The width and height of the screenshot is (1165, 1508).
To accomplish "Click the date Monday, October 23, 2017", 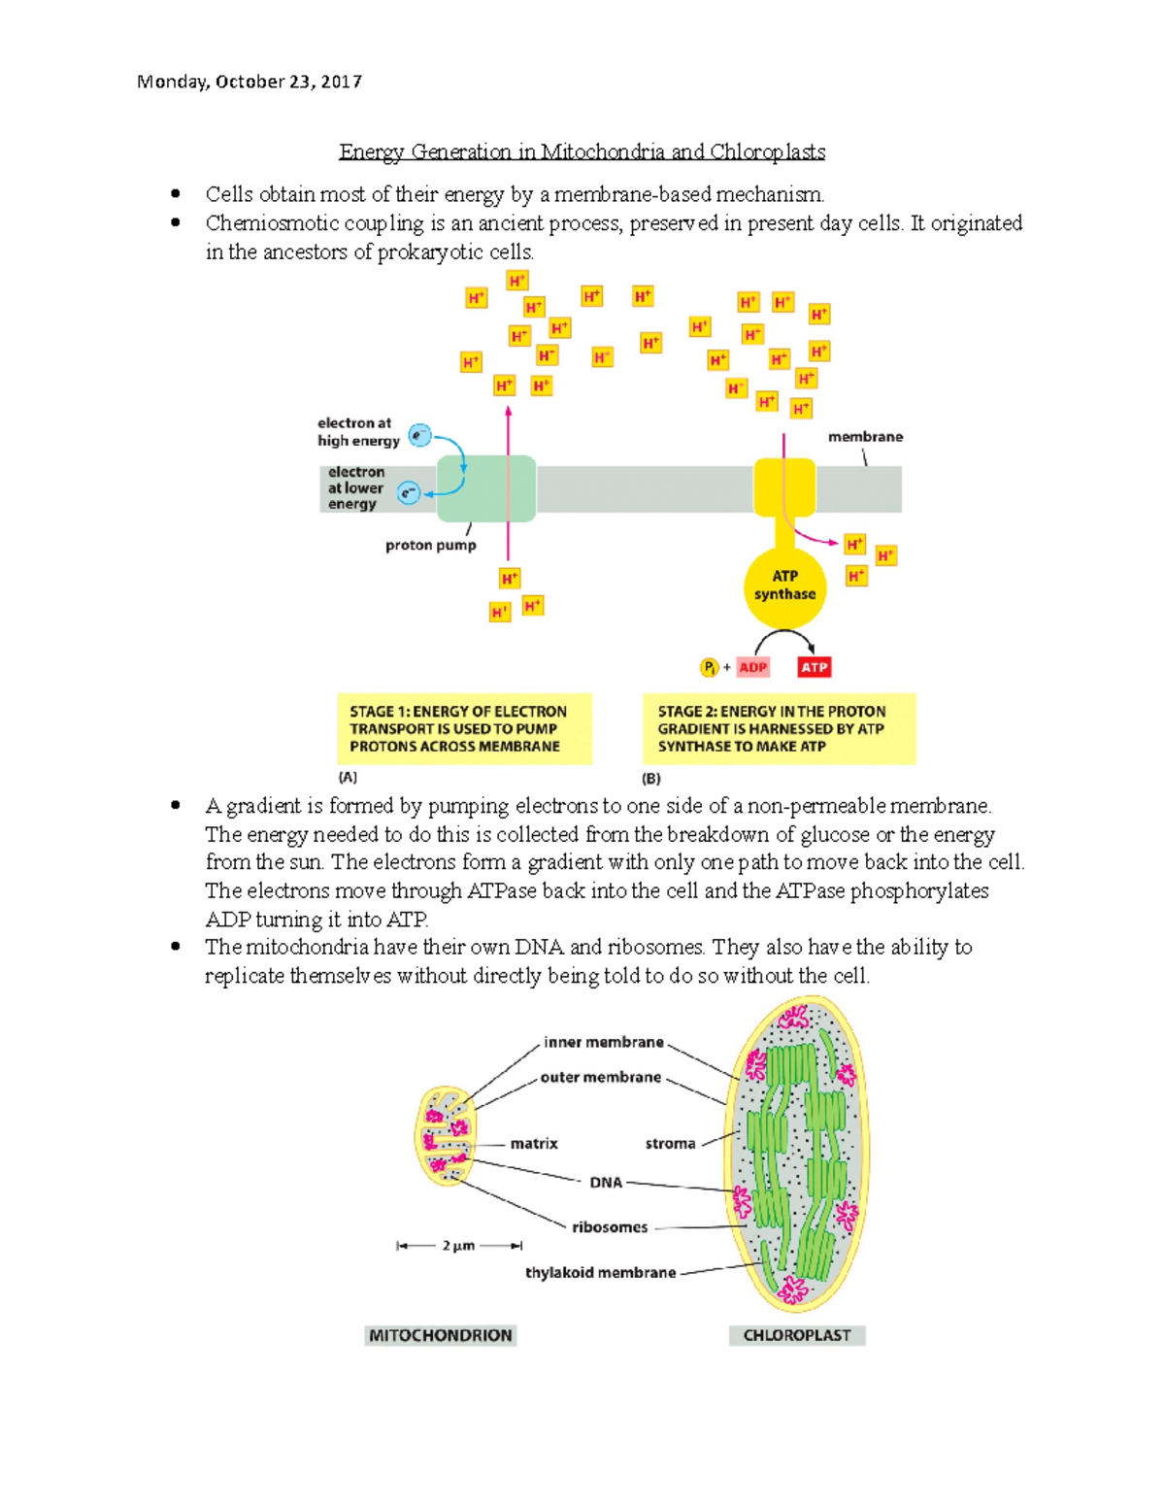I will [x=250, y=82].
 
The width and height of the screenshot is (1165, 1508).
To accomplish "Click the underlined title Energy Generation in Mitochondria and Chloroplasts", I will [x=582, y=151].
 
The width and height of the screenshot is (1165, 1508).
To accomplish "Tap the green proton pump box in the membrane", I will [x=486, y=488].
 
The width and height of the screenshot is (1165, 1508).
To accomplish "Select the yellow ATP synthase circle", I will [x=784, y=586].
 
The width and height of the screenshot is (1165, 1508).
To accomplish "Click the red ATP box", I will [x=814, y=667].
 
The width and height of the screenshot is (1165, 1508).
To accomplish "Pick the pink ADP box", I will [x=753, y=667].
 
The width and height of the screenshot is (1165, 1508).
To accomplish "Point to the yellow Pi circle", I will [x=710, y=667].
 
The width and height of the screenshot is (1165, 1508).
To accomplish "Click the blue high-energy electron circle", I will [x=419, y=435].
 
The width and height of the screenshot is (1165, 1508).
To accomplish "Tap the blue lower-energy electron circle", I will [x=409, y=494].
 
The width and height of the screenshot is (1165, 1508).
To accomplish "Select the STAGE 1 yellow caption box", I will [x=464, y=729].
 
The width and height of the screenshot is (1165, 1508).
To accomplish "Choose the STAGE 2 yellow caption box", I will [x=779, y=729].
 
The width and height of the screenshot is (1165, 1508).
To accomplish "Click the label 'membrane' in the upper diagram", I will [x=865, y=437].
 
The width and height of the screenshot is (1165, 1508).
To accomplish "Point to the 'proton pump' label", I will [x=430, y=546].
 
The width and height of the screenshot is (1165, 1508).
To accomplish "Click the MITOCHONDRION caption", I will [x=440, y=1335].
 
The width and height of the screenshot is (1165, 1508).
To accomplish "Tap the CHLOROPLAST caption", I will [x=797, y=1335].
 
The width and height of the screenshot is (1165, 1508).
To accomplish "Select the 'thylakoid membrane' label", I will [x=600, y=1272].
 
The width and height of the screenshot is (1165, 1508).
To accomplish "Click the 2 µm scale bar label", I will [x=459, y=1246].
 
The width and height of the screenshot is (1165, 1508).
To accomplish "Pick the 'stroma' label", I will [x=670, y=1144].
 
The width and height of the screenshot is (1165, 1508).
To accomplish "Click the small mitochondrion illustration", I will [x=446, y=1136].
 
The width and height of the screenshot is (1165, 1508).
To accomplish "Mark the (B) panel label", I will [x=650, y=779].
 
